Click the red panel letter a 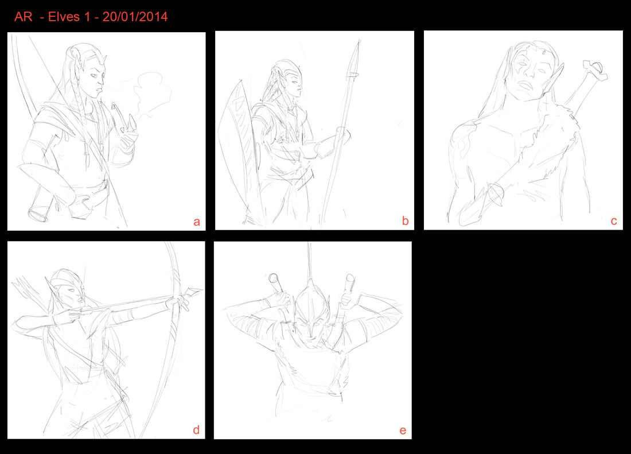point(196,222)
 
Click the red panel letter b point(405,220)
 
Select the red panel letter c point(614,221)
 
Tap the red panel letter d point(196,430)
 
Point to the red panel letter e point(403,430)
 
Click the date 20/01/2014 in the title point(135,17)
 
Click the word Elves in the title point(64,17)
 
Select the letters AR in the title point(24,17)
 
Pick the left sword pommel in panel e point(274,278)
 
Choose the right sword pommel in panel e point(350,279)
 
